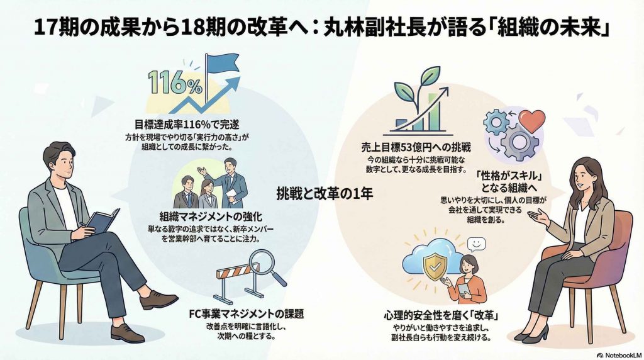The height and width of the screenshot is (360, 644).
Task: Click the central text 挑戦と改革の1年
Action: [x=325, y=194]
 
